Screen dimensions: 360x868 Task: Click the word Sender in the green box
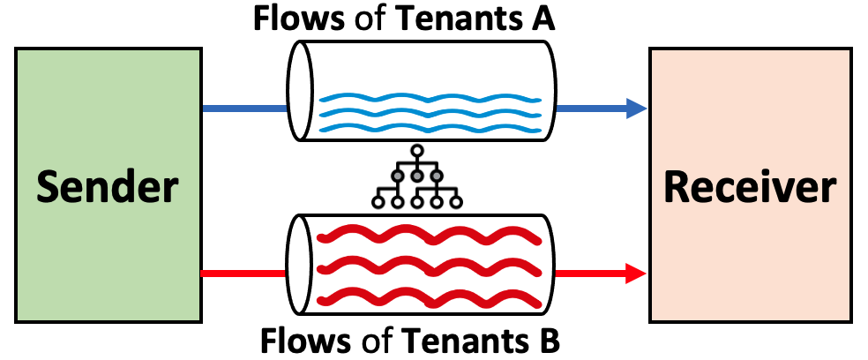[108, 188]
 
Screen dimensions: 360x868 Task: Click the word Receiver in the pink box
[749, 188]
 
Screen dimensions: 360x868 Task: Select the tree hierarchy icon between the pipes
[417, 176]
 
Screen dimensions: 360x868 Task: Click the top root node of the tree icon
[417, 149]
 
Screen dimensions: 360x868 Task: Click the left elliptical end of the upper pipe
[301, 91]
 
